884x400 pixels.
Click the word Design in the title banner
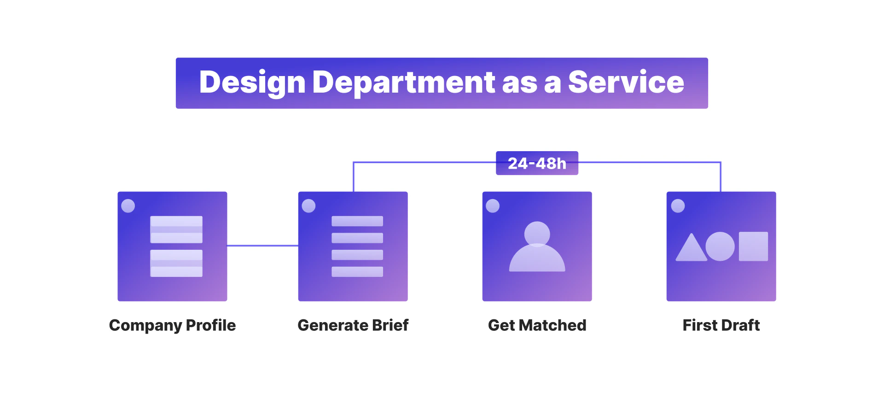point(252,83)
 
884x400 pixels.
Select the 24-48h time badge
point(537,163)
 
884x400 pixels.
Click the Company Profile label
point(172,325)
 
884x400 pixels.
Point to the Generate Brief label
point(353,325)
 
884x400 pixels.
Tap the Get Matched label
point(537,325)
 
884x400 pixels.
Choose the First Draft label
point(721,325)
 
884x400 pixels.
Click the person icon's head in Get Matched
point(537,234)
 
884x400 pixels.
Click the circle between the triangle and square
point(720,247)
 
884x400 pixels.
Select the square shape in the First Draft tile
point(754,247)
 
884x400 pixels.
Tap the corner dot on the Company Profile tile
point(128,206)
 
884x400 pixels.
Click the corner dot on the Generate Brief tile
point(308,206)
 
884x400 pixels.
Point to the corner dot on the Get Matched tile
point(493,206)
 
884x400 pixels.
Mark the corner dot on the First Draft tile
point(678,206)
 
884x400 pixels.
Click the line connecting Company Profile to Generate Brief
point(262,246)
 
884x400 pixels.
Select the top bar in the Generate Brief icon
point(357,221)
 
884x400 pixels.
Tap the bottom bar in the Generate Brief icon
point(357,272)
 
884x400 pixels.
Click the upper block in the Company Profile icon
point(176,229)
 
